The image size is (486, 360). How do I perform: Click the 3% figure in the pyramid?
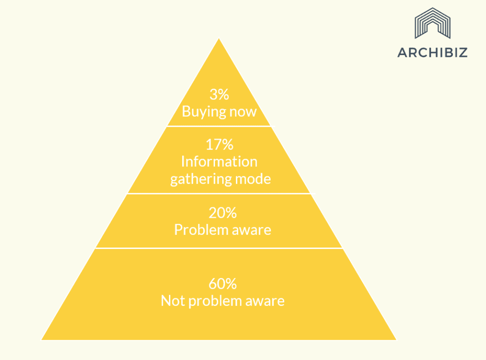219,94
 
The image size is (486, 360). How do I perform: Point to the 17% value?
219,145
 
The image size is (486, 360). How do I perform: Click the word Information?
219,161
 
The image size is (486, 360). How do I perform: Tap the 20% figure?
223,213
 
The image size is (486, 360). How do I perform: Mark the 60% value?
223,284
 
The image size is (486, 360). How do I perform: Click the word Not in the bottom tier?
173,301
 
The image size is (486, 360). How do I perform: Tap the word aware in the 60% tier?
265,302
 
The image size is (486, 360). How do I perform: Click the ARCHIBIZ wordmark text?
432,53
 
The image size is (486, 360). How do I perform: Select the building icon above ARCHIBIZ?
432,23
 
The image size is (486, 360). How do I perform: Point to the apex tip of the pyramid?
219,38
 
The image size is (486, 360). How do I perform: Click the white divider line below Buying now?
221,126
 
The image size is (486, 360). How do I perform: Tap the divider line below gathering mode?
221,194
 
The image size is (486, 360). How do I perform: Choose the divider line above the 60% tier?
219,248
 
